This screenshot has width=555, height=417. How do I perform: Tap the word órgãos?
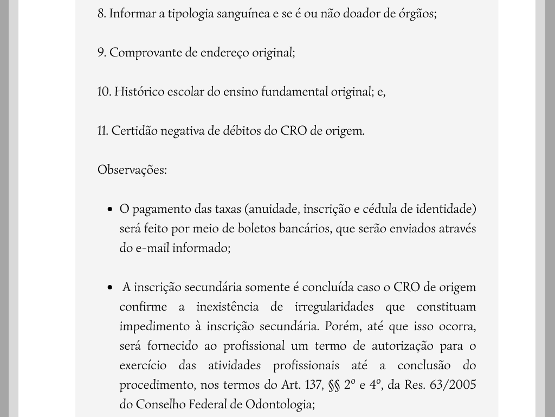pyautogui.click(x=417, y=14)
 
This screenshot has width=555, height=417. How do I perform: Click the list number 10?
pyautogui.click(x=104, y=92)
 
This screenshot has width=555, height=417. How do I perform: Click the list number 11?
pyautogui.click(x=103, y=131)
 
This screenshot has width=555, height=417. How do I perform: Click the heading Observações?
pyautogui.click(x=132, y=170)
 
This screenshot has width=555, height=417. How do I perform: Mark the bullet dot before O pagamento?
pyautogui.click(x=110, y=210)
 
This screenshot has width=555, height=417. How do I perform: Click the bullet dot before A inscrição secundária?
pyautogui.click(x=110, y=288)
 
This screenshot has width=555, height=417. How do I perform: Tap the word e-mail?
pyautogui.click(x=152, y=248)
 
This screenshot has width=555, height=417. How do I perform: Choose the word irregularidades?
pyautogui.click(x=334, y=307)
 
